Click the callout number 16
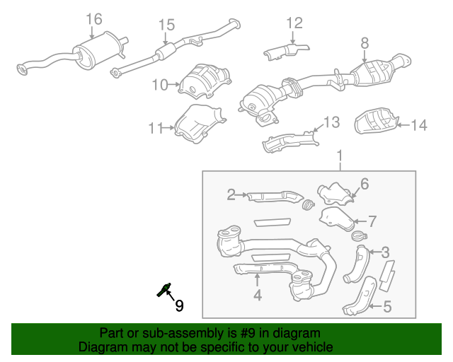[94, 18]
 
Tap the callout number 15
[166, 25]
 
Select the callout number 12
[294, 23]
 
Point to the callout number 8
[365, 42]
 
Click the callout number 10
[159, 85]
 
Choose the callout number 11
[156, 128]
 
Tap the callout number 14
[419, 125]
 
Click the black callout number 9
[179, 305]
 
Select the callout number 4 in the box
[258, 296]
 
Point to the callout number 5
[387, 306]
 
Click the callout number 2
[231, 194]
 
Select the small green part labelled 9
[164, 288]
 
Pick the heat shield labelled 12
[286, 51]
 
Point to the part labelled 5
[358, 296]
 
